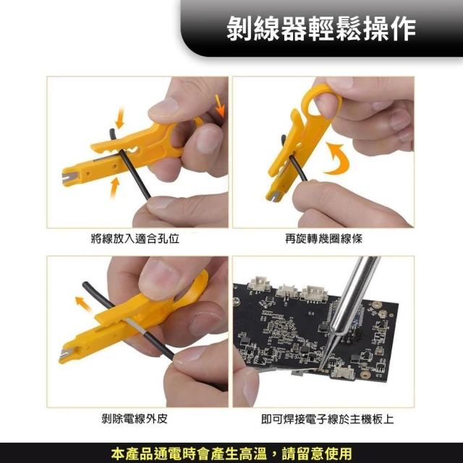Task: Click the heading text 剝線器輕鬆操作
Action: (x=321, y=28)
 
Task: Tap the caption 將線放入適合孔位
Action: (x=135, y=238)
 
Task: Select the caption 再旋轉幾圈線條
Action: (x=323, y=238)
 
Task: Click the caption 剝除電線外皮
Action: (x=135, y=418)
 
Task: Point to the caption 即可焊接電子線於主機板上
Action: (x=327, y=419)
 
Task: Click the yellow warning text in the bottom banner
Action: (x=231, y=454)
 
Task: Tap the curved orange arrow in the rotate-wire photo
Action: (x=337, y=158)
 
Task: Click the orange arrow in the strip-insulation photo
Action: (x=83, y=304)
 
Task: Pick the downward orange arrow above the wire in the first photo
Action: (x=119, y=118)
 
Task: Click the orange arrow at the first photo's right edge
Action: (x=220, y=105)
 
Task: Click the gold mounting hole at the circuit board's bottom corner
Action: (x=366, y=375)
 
